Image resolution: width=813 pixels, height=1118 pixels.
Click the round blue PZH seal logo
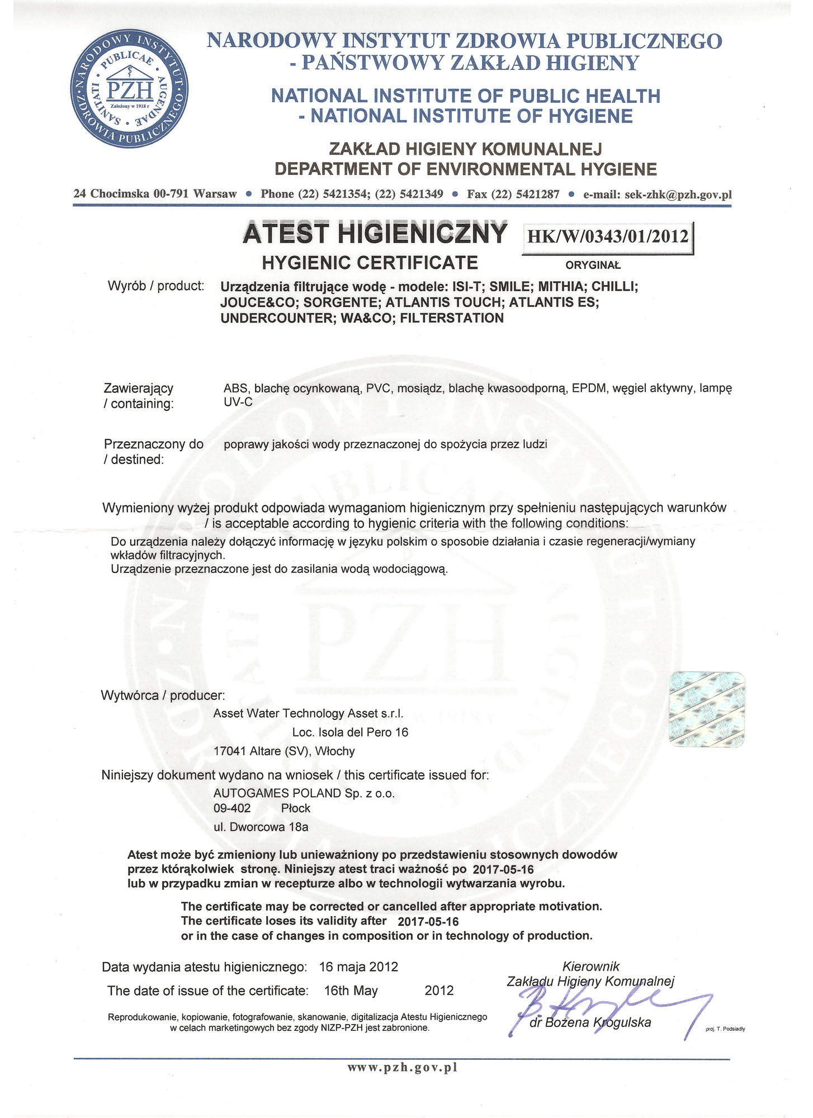[x=129, y=90]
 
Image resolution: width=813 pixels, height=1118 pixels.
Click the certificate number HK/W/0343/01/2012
[x=608, y=236]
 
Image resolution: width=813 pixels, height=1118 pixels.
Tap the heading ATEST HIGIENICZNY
[x=375, y=234]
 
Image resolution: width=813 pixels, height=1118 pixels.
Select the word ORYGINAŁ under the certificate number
[x=593, y=266]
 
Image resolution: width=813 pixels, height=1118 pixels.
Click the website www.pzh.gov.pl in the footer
[x=402, y=1067]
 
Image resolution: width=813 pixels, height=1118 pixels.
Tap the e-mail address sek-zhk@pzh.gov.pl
[x=657, y=195]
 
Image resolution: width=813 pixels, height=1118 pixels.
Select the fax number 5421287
[x=538, y=195]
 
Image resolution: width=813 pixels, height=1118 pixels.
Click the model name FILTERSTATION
[x=452, y=319]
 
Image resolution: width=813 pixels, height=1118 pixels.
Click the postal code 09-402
[x=232, y=808]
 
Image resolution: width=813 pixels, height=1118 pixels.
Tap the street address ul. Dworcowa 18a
[x=261, y=827]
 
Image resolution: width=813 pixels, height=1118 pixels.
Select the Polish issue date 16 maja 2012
[x=358, y=967]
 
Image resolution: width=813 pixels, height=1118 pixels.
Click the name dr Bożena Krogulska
[x=590, y=1023]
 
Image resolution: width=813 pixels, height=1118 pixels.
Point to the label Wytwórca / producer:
[x=163, y=695]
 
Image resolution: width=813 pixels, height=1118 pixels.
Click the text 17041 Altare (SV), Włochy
[x=284, y=751]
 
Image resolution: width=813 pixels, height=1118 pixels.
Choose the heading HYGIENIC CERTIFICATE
[x=370, y=262]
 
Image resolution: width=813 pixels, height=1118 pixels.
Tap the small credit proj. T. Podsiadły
[x=725, y=1028]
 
